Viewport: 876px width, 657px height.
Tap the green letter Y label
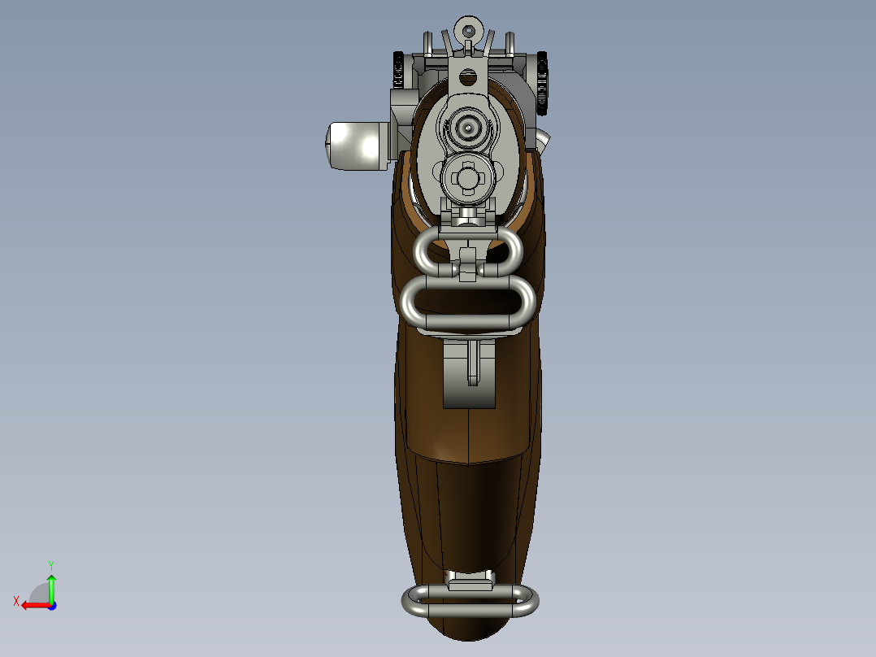[50, 563]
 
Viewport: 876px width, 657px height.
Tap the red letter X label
[15, 601]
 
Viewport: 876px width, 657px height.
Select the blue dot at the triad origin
[51, 605]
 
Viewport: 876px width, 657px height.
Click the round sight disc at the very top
[467, 29]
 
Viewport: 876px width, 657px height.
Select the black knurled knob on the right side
[541, 82]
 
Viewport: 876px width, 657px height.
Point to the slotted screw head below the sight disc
[467, 78]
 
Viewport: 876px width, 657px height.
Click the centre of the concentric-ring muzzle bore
[468, 127]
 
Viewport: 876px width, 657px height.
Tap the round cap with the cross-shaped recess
[468, 176]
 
